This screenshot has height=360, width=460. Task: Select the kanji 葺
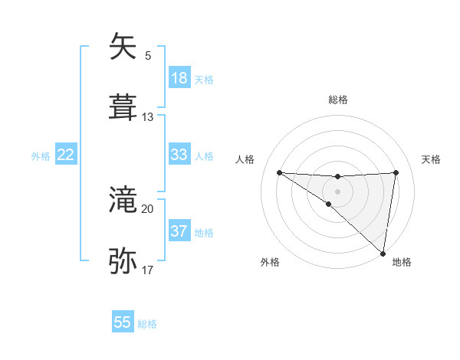[x=123, y=108]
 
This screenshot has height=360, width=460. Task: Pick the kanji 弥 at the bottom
[x=123, y=261]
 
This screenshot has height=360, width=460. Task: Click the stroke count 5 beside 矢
[x=148, y=55]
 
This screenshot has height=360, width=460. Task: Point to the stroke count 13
[x=148, y=117]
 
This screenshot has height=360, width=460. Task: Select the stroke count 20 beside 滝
[x=148, y=208]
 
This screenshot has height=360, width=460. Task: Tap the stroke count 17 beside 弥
[x=148, y=270]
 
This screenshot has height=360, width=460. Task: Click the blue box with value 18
[x=179, y=78]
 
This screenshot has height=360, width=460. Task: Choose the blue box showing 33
[x=179, y=155]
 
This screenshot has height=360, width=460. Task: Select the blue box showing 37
[x=179, y=231]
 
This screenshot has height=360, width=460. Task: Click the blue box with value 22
[x=66, y=155]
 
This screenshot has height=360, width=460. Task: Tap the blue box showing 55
[x=123, y=322]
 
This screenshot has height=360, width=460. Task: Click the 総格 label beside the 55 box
[x=147, y=324]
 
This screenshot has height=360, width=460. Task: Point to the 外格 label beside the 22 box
[x=41, y=156]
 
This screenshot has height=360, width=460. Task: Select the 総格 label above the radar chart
[x=337, y=100]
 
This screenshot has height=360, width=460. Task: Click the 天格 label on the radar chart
[x=431, y=159]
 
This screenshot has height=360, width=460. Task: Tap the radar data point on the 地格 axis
[x=383, y=254]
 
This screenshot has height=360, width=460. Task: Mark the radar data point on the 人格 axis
[x=279, y=172]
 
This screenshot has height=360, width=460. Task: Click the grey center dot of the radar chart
[x=337, y=191]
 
